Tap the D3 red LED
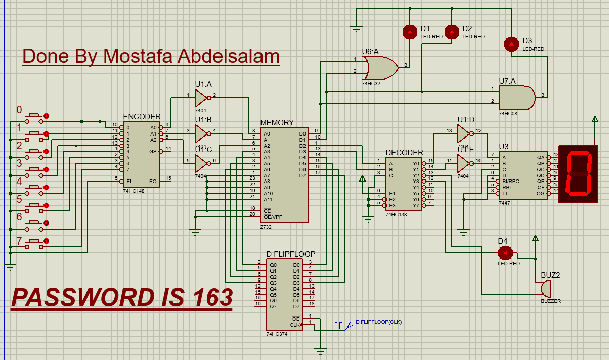pos(512,44)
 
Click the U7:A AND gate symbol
pos(516,97)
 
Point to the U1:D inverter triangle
pos(464,133)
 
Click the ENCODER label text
pos(142,117)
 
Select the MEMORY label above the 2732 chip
pos(277,123)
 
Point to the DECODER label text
pos(404,153)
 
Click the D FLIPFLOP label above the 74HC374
pos(291,254)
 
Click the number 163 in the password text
pos(212,297)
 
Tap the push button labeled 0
pos(36,116)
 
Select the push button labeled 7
pos(36,241)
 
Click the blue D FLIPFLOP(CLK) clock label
pos(378,322)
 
